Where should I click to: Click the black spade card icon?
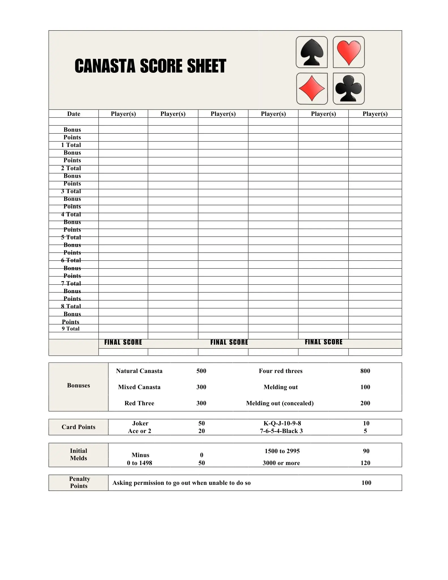tap(312, 52)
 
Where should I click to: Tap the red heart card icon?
tap(349, 52)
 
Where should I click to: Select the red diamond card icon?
tap(312, 89)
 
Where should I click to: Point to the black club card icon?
tap(349, 89)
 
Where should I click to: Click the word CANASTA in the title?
tap(105, 66)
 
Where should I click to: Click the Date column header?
tap(74, 114)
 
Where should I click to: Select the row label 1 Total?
tap(71, 145)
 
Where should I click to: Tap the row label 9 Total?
tap(71, 329)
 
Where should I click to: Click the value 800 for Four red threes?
tap(365, 371)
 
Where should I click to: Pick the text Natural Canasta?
tap(139, 371)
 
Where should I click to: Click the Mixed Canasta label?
tap(139, 387)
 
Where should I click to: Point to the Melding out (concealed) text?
tap(280, 403)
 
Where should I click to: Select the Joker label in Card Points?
tap(140, 423)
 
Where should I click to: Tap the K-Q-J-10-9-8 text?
tap(282, 423)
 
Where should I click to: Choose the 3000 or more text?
tap(281, 463)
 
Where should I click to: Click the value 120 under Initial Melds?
tap(365, 463)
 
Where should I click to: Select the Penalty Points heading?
tap(79, 482)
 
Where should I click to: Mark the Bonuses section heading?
tap(78, 385)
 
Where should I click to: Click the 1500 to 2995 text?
tap(282, 451)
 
